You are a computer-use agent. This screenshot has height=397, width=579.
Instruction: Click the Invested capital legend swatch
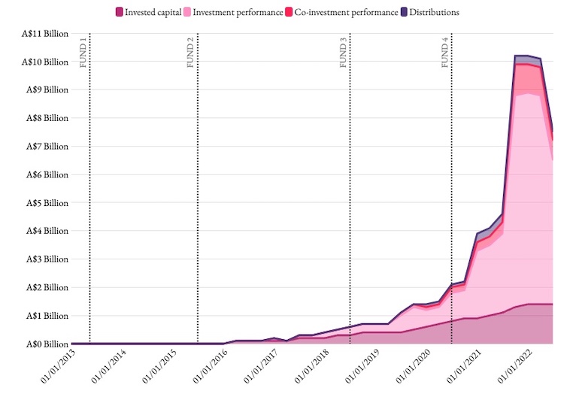click(120, 12)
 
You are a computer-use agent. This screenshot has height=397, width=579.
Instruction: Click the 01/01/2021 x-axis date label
click(461, 368)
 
